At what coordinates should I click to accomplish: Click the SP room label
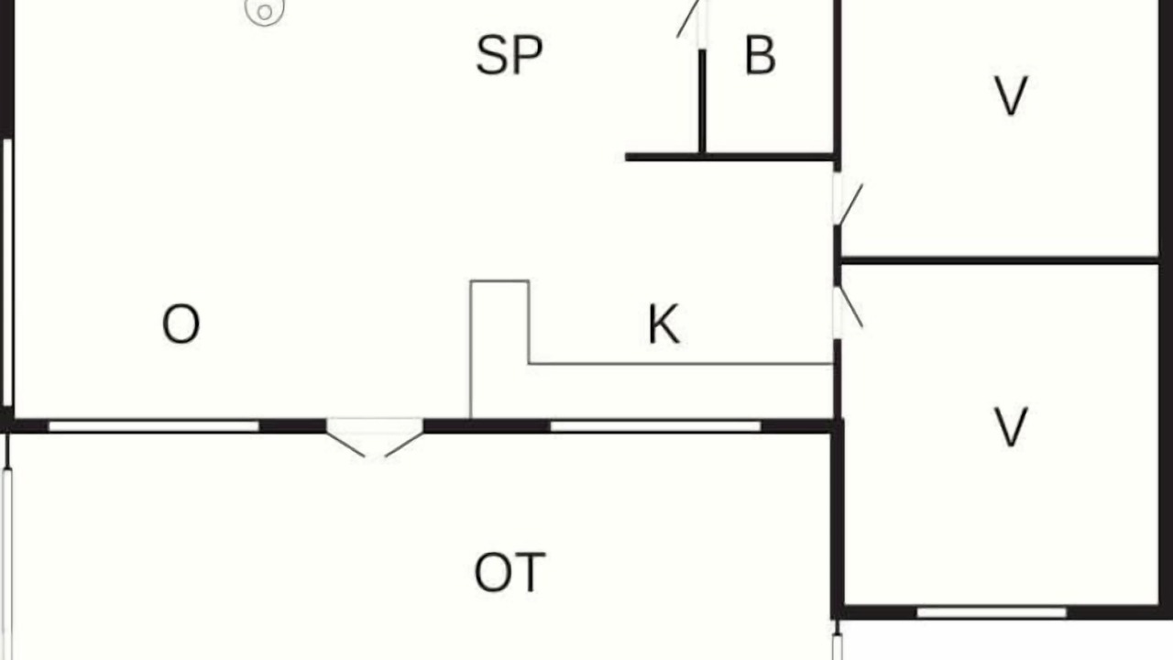pyautogui.click(x=509, y=55)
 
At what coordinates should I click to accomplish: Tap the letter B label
pyautogui.click(x=760, y=55)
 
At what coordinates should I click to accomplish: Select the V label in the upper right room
pyautogui.click(x=1010, y=96)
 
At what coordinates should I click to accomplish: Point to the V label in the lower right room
pyautogui.click(x=1010, y=428)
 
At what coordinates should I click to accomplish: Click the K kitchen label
pyautogui.click(x=664, y=324)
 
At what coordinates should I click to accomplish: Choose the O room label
pyautogui.click(x=181, y=324)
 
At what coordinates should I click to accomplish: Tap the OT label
pyautogui.click(x=510, y=573)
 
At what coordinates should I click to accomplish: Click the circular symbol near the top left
pyautogui.click(x=265, y=10)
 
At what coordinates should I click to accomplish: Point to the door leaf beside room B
pyautogui.click(x=688, y=19)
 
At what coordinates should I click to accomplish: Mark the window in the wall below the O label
pyautogui.click(x=154, y=426)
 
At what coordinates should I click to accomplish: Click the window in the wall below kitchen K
pyautogui.click(x=655, y=426)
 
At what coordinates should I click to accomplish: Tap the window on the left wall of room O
pyautogui.click(x=7, y=272)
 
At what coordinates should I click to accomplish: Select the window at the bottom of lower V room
pyautogui.click(x=992, y=612)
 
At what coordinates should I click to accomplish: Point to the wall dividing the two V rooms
pyautogui.click(x=999, y=260)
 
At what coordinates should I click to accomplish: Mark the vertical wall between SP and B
pyautogui.click(x=702, y=102)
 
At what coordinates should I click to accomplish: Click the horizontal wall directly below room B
pyautogui.click(x=730, y=157)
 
